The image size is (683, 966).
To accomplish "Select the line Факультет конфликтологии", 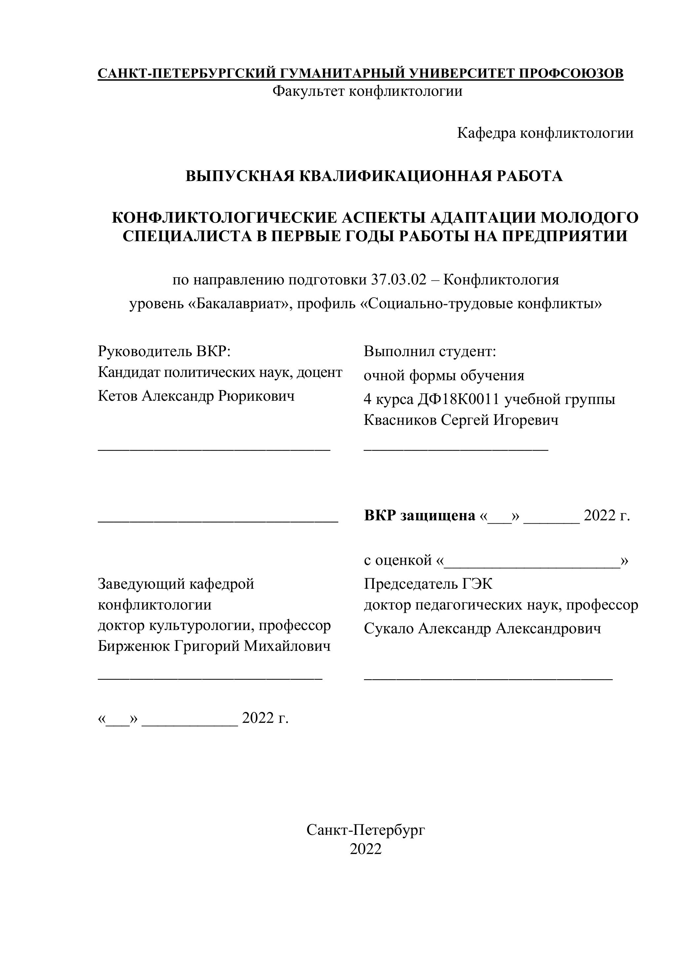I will coord(367,91).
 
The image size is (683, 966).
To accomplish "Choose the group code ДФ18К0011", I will coord(458,399).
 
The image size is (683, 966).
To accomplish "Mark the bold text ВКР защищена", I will coord(419,515).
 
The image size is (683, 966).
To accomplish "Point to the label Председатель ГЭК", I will coord(428,584).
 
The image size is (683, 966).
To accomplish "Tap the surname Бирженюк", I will coord(134,646).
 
